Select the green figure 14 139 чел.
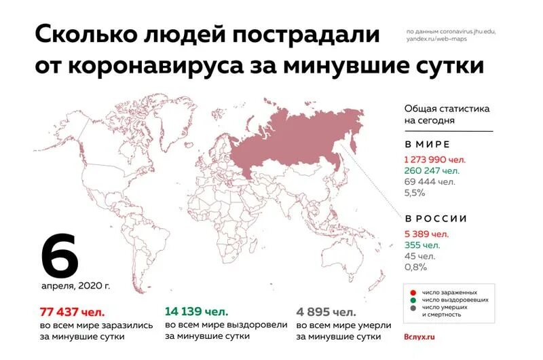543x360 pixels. (195, 312)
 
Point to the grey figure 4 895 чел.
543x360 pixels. (326, 312)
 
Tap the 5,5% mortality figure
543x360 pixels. (415, 193)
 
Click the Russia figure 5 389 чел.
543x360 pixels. (427, 234)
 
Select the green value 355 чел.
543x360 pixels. (422, 245)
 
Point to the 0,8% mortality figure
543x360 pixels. (415, 267)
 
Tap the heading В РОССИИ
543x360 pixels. (436, 219)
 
